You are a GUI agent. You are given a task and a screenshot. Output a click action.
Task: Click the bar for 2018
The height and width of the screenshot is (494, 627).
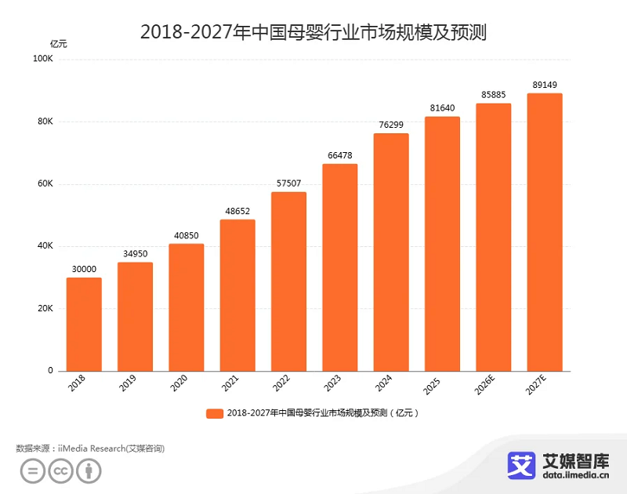click(84, 324)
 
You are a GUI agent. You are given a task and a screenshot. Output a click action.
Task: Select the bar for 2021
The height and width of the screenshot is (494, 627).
click(237, 295)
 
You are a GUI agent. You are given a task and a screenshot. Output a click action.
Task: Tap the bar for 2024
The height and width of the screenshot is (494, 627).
click(391, 252)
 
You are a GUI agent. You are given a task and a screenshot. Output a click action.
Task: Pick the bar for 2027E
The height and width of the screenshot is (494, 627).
click(544, 232)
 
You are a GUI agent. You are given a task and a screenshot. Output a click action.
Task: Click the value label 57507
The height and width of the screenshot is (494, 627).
click(288, 183)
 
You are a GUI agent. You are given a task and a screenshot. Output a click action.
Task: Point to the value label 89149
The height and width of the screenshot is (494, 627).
click(544, 85)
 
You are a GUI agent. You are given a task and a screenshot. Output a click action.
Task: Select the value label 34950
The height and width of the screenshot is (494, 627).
click(135, 254)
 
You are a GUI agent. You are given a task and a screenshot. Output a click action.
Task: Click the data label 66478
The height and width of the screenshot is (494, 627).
click(339, 155)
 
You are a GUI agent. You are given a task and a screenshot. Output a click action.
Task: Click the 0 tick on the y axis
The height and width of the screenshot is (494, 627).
click(50, 371)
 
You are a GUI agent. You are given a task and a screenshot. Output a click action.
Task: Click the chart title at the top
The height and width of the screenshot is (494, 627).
click(313, 32)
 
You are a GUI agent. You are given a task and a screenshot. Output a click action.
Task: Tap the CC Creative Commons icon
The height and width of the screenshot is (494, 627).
click(60, 470)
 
